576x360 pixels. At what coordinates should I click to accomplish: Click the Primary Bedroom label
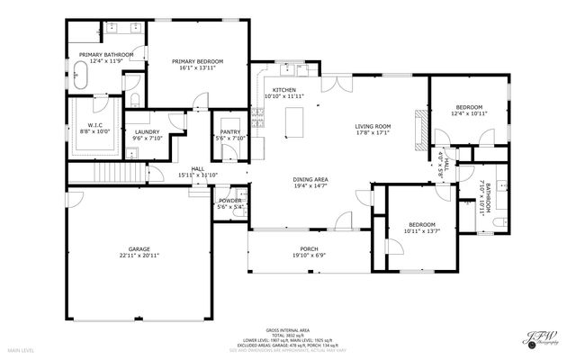coord(197,61)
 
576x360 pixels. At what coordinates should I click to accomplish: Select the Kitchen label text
coord(284,90)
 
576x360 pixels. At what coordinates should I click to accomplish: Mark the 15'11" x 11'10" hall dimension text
coord(198,175)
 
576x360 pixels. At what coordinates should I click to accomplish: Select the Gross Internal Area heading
coord(288,330)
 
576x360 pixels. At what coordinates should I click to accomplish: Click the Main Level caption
coord(21,349)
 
